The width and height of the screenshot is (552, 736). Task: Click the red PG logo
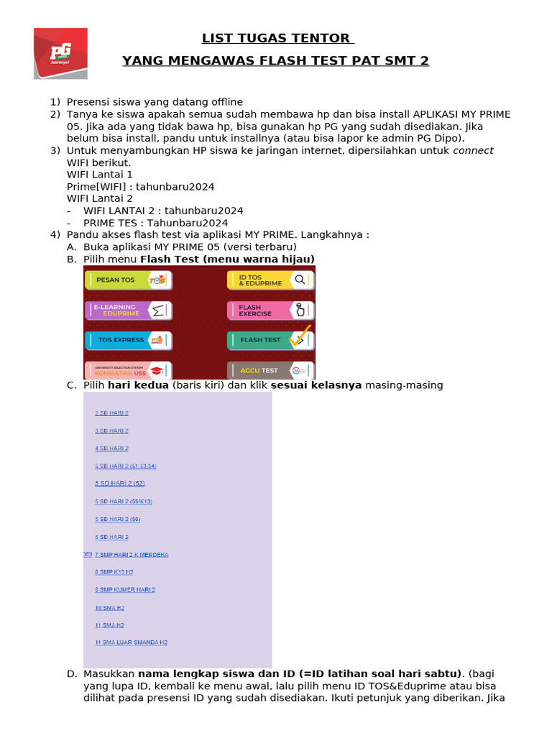(x=60, y=53)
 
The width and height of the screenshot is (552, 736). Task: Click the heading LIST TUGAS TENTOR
(x=276, y=38)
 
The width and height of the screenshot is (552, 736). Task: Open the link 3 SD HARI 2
(x=111, y=431)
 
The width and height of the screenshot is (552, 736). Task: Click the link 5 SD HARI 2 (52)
(x=120, y=483)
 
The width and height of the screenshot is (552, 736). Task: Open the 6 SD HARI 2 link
(x=111, y=537)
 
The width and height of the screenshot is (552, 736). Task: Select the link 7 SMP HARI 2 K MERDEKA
(x=132, y=555)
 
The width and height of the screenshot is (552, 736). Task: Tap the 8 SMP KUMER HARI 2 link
(x=125, y=589)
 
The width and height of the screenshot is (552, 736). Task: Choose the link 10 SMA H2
(x=109, y=607)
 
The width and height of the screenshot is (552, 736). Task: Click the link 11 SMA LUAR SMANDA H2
(x=131, y=642)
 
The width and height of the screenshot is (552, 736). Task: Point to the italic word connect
(x=473, y=150)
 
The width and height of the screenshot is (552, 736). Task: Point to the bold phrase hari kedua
(x=138, y=385)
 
